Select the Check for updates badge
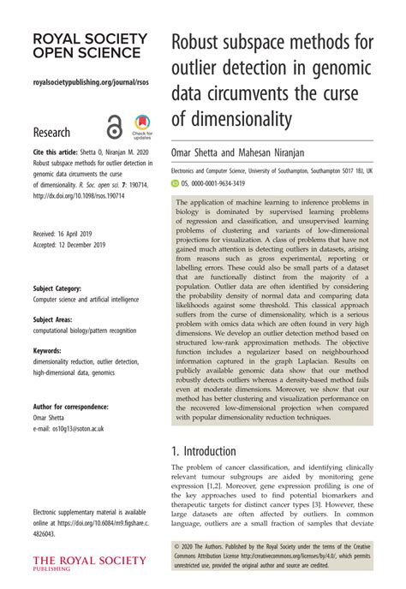[142, 127]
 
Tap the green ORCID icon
[176, 182]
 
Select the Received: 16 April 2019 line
[68, 232]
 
